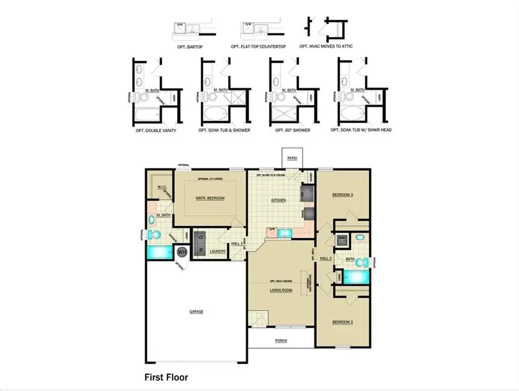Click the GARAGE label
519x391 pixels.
click(195, 311)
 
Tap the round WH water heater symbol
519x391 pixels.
click(182, 252)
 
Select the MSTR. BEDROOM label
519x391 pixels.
click(209, 198)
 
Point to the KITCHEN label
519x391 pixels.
click(279, 200)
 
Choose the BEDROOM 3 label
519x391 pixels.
click(342, 195)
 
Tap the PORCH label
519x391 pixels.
click(281, 340)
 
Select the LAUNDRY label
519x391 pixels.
click(217, 251)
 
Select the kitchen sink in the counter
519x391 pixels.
click(283, 232)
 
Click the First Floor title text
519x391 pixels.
click(166, 378)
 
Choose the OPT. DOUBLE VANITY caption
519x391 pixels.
click(154, 131)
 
